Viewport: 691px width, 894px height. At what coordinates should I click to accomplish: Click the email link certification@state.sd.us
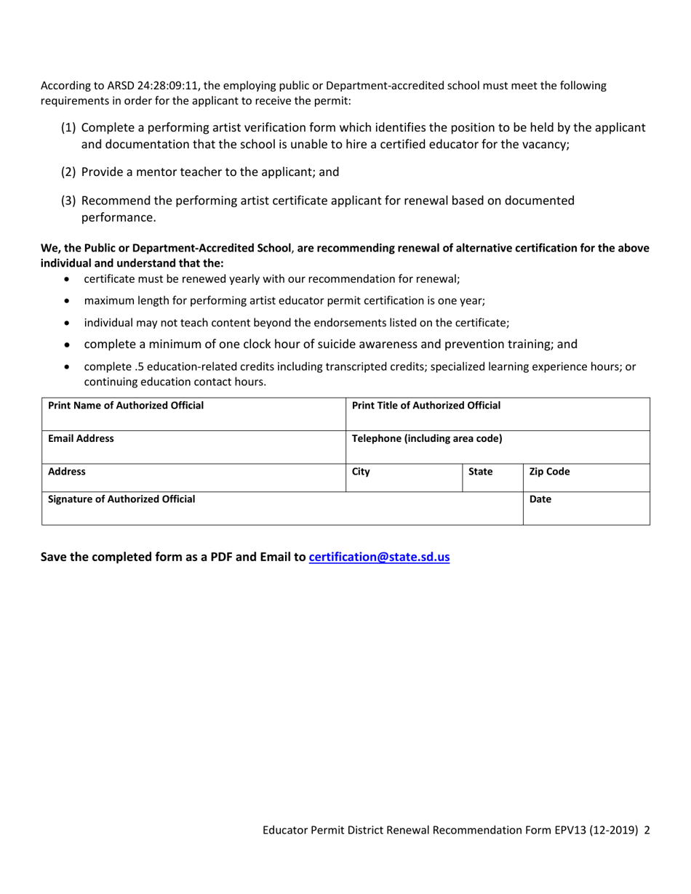[x=379, y=557]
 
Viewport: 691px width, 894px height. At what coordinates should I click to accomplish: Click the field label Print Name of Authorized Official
[x=126, y=405]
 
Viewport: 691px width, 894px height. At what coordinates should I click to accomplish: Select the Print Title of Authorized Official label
[x=426, y=405]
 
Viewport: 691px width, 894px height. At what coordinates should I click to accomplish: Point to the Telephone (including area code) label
[x=426, y=438]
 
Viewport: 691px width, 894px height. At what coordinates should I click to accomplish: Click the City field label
[x=361, y=471]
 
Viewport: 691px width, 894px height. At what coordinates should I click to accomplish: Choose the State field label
[x=480, y=471]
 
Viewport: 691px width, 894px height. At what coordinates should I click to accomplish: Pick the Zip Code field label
[x=549, y=471]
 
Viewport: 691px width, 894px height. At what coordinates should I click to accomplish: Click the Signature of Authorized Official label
[x=121, y=499]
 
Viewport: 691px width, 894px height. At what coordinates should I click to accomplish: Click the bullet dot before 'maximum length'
[x=68, y=300]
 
